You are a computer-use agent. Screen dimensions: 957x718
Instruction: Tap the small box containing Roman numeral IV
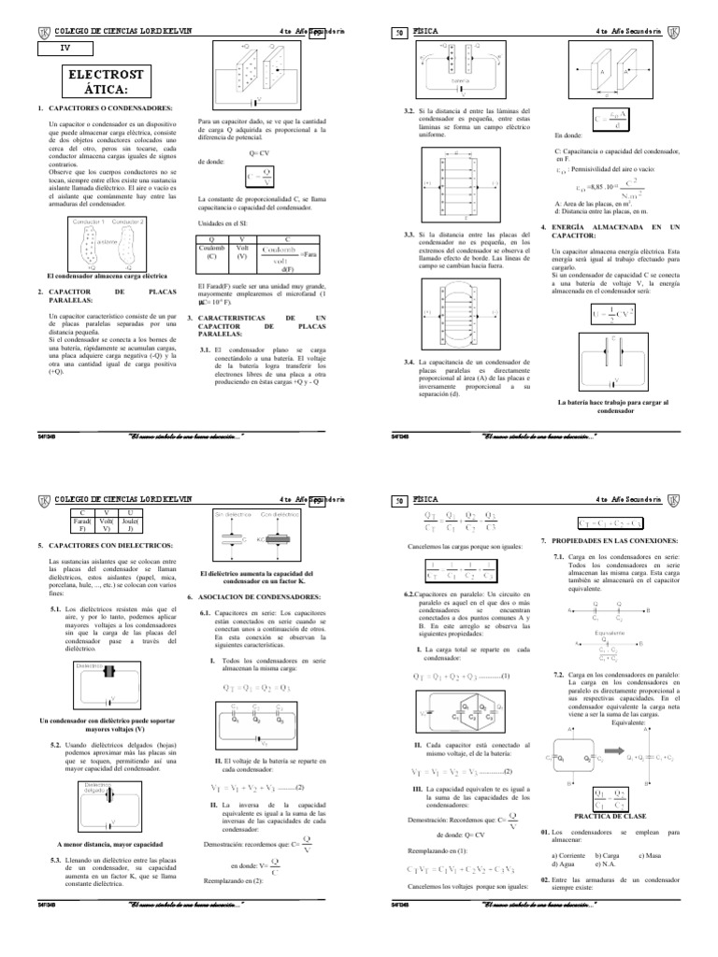coord(65,45)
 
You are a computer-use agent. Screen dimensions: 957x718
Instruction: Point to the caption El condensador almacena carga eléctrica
coord(107,277)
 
